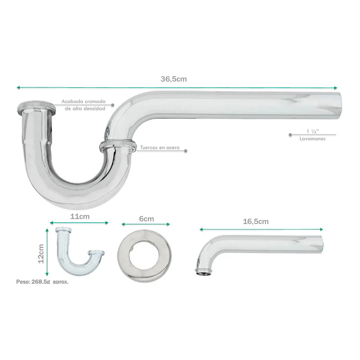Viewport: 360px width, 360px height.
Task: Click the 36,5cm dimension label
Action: point(174,79)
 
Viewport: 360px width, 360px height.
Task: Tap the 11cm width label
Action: point(80,216)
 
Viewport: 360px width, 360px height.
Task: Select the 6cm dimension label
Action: point(146,219)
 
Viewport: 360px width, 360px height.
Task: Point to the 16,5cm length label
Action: point(256,221)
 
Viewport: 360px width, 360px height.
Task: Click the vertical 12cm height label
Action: point(41,254)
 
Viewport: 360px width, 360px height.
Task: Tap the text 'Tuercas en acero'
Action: point(160,148)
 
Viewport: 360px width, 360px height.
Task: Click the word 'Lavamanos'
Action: point(312,139)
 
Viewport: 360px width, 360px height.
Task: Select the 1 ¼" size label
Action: point(313,131)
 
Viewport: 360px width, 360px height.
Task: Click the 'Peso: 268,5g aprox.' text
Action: point(42,282)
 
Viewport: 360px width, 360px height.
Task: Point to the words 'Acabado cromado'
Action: point(83,101)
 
